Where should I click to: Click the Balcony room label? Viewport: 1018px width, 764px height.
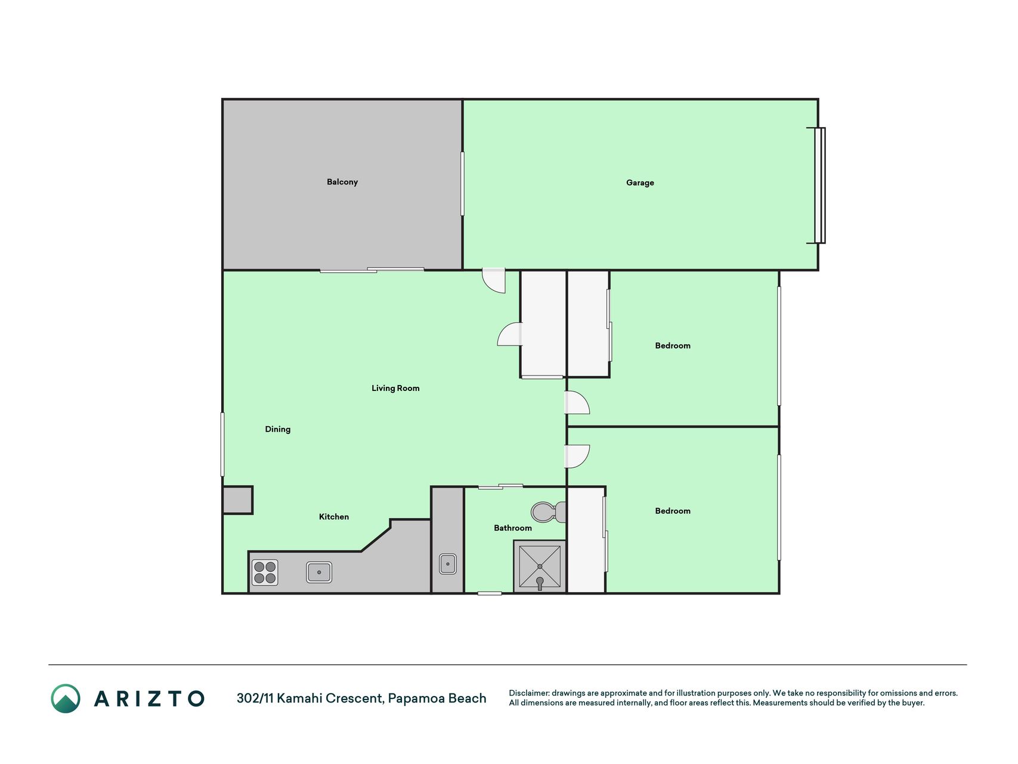[342, 182]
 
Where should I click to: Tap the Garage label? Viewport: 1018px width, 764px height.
[640, 183]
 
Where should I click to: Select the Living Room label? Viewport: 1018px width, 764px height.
[395, 388]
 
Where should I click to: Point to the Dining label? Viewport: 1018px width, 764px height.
[277, 429]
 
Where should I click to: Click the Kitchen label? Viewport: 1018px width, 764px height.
[334, 517]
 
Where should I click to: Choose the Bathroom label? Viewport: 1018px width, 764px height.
[513, 528]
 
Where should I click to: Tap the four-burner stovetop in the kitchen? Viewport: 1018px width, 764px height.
[265, 572]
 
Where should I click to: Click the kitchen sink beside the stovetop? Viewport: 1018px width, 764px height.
[319, 572]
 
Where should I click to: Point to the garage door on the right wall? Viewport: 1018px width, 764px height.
[819, 185]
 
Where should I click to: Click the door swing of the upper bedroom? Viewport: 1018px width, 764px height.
[577, 402]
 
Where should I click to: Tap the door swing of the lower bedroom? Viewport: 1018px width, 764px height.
[577, 457]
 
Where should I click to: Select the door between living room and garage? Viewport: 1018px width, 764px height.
[494, 281]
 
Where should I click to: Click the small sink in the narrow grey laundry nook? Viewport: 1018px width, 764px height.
[448, 564]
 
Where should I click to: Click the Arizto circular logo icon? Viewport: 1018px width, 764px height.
[66, 698]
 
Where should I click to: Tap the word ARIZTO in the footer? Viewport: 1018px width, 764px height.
[149, 699]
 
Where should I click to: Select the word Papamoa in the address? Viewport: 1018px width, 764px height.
[410, 698]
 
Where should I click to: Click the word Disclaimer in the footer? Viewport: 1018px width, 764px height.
[528, 693]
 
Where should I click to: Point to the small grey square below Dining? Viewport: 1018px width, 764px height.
[238, 500]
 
